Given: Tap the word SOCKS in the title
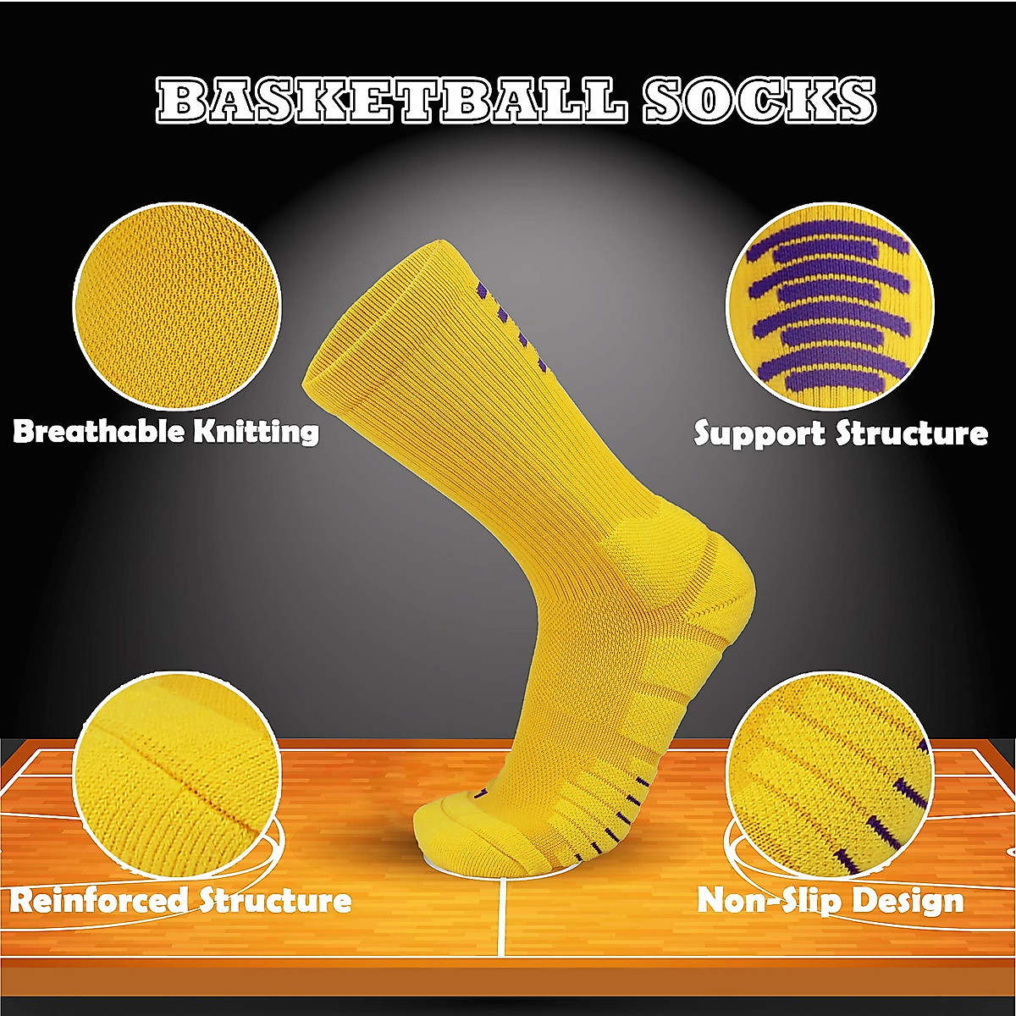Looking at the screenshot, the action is click(759, 101).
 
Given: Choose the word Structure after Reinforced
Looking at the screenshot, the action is click(275, 899).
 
